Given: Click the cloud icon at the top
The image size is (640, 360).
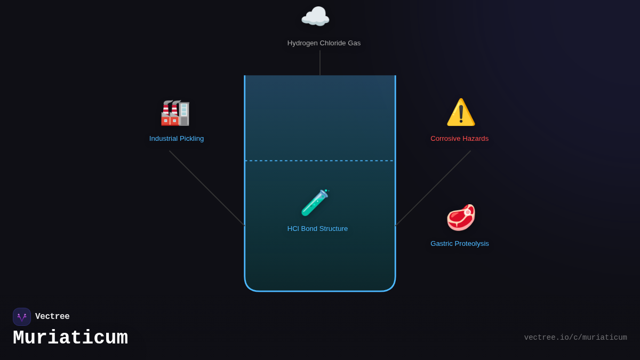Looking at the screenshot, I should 315,17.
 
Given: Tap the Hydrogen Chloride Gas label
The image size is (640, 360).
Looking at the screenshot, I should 324,43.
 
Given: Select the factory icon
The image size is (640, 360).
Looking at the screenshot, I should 175,113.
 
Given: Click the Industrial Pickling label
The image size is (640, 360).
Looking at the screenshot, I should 177,139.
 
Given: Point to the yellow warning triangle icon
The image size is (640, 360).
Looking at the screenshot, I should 461,113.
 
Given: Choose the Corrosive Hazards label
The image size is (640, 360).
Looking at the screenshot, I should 459,139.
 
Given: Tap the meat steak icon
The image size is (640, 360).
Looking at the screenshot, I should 461,217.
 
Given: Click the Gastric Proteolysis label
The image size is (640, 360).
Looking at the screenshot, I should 460,244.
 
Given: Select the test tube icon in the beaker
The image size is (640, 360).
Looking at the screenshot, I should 315,203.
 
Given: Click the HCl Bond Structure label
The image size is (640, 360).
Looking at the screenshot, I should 317,229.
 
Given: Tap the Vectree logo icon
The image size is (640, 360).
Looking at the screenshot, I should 22,317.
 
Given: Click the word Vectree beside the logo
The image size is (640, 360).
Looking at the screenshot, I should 52,317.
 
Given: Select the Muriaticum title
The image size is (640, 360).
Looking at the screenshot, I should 70,338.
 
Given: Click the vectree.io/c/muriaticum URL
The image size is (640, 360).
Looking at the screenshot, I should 575,338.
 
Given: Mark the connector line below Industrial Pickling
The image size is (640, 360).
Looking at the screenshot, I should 207,188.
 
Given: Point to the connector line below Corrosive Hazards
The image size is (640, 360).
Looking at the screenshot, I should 433,188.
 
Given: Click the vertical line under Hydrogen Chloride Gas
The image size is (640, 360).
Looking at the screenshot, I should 320,63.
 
